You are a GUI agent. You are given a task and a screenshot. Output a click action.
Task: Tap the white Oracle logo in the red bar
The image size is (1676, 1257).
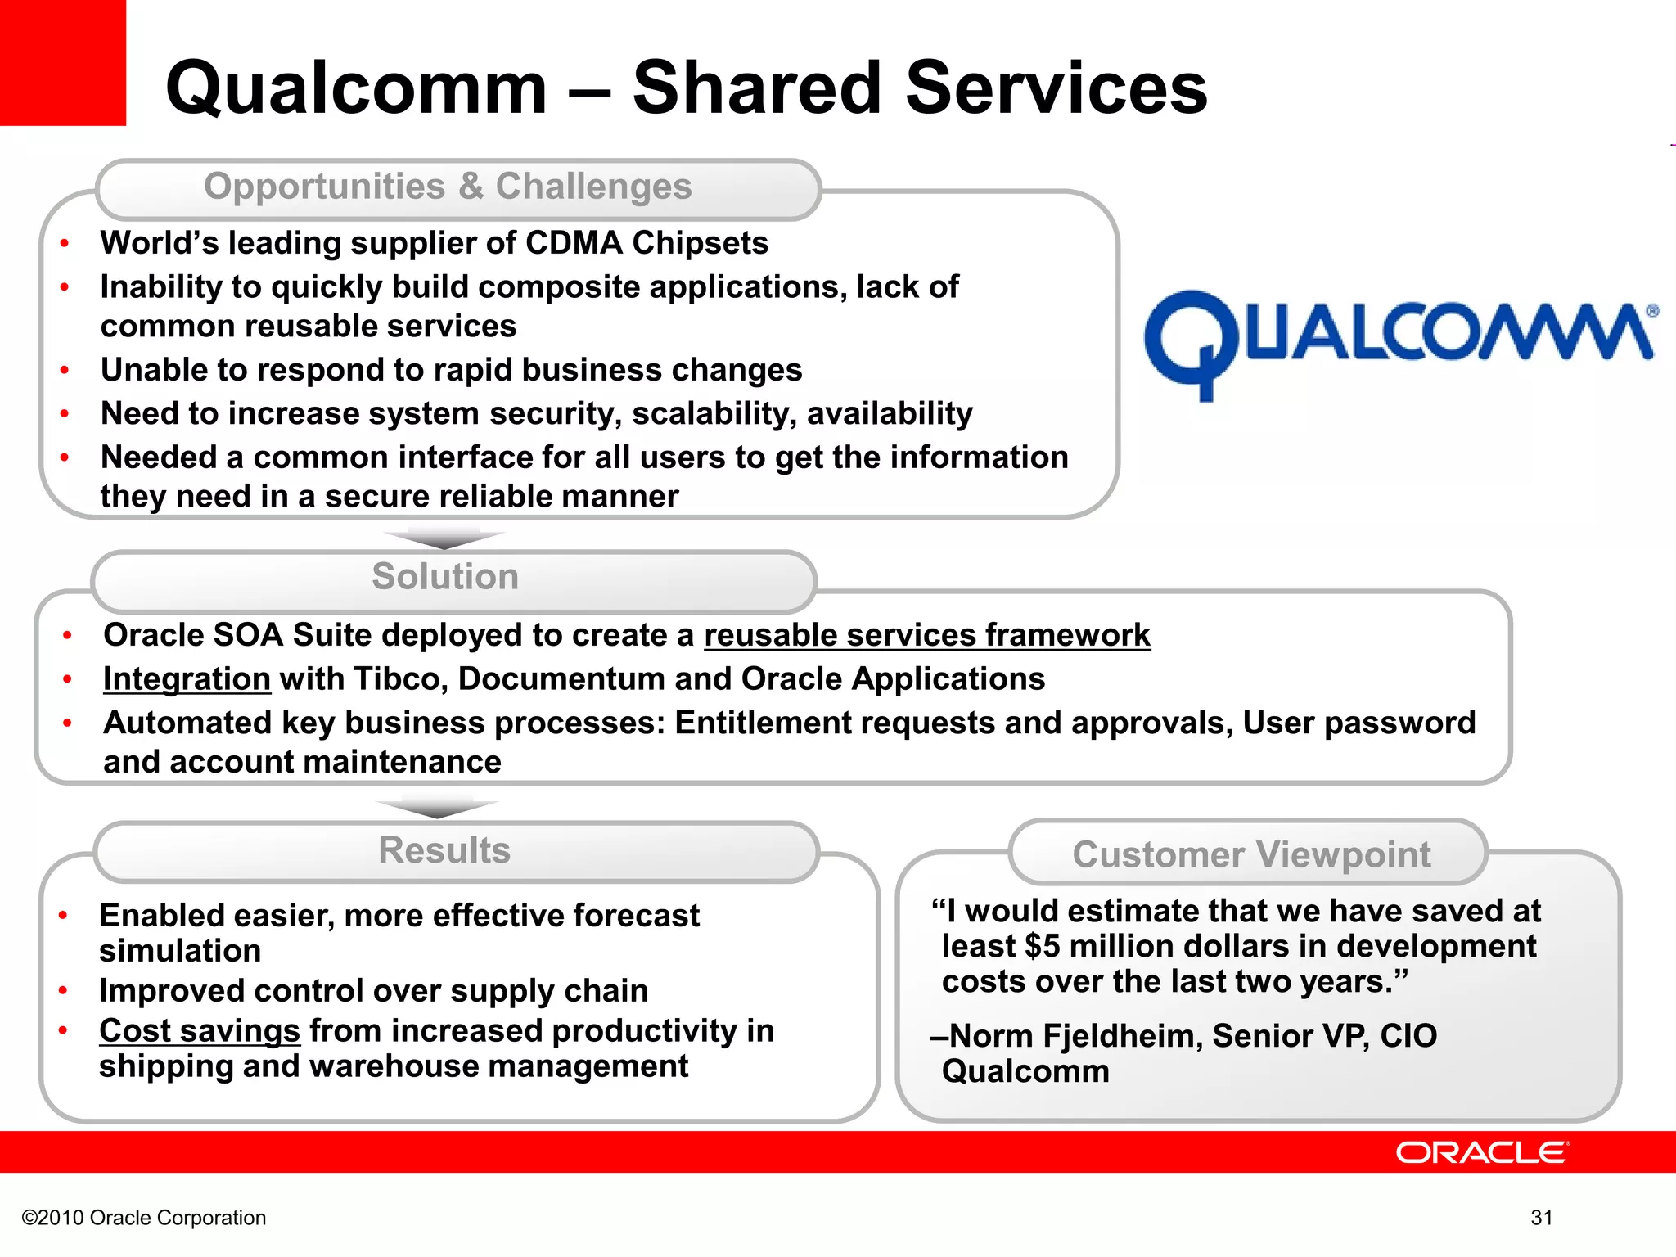(x=1482, y=1152)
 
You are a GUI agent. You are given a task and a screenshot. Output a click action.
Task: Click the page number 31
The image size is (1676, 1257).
(x=1542, y=1218)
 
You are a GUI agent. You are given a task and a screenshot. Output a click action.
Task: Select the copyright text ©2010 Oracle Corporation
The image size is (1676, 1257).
(x=144, y=1218)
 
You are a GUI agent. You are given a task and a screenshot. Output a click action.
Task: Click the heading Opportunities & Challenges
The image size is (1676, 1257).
(x=448, y=187)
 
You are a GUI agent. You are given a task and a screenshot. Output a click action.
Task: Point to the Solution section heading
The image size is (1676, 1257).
(x=445, y=577)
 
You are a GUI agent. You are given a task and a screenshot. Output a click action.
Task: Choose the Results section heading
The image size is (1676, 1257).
(x=444, y=850)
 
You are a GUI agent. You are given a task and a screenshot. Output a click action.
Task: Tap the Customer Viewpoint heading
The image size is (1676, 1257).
(x=1251, y=854)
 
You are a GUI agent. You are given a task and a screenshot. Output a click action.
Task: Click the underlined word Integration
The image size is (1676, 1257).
(x=187, y=679)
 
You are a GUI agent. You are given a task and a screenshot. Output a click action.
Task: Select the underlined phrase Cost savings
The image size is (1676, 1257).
(x=200, y=1031)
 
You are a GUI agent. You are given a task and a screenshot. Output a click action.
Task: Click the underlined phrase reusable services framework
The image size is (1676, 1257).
(x=927, y=636)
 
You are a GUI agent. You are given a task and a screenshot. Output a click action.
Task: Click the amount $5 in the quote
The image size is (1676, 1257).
(x=1042, y=947)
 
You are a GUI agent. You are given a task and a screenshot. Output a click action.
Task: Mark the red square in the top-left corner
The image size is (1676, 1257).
(x=62, y=62)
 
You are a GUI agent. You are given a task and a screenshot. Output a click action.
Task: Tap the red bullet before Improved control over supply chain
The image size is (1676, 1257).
(x=63, y=991)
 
